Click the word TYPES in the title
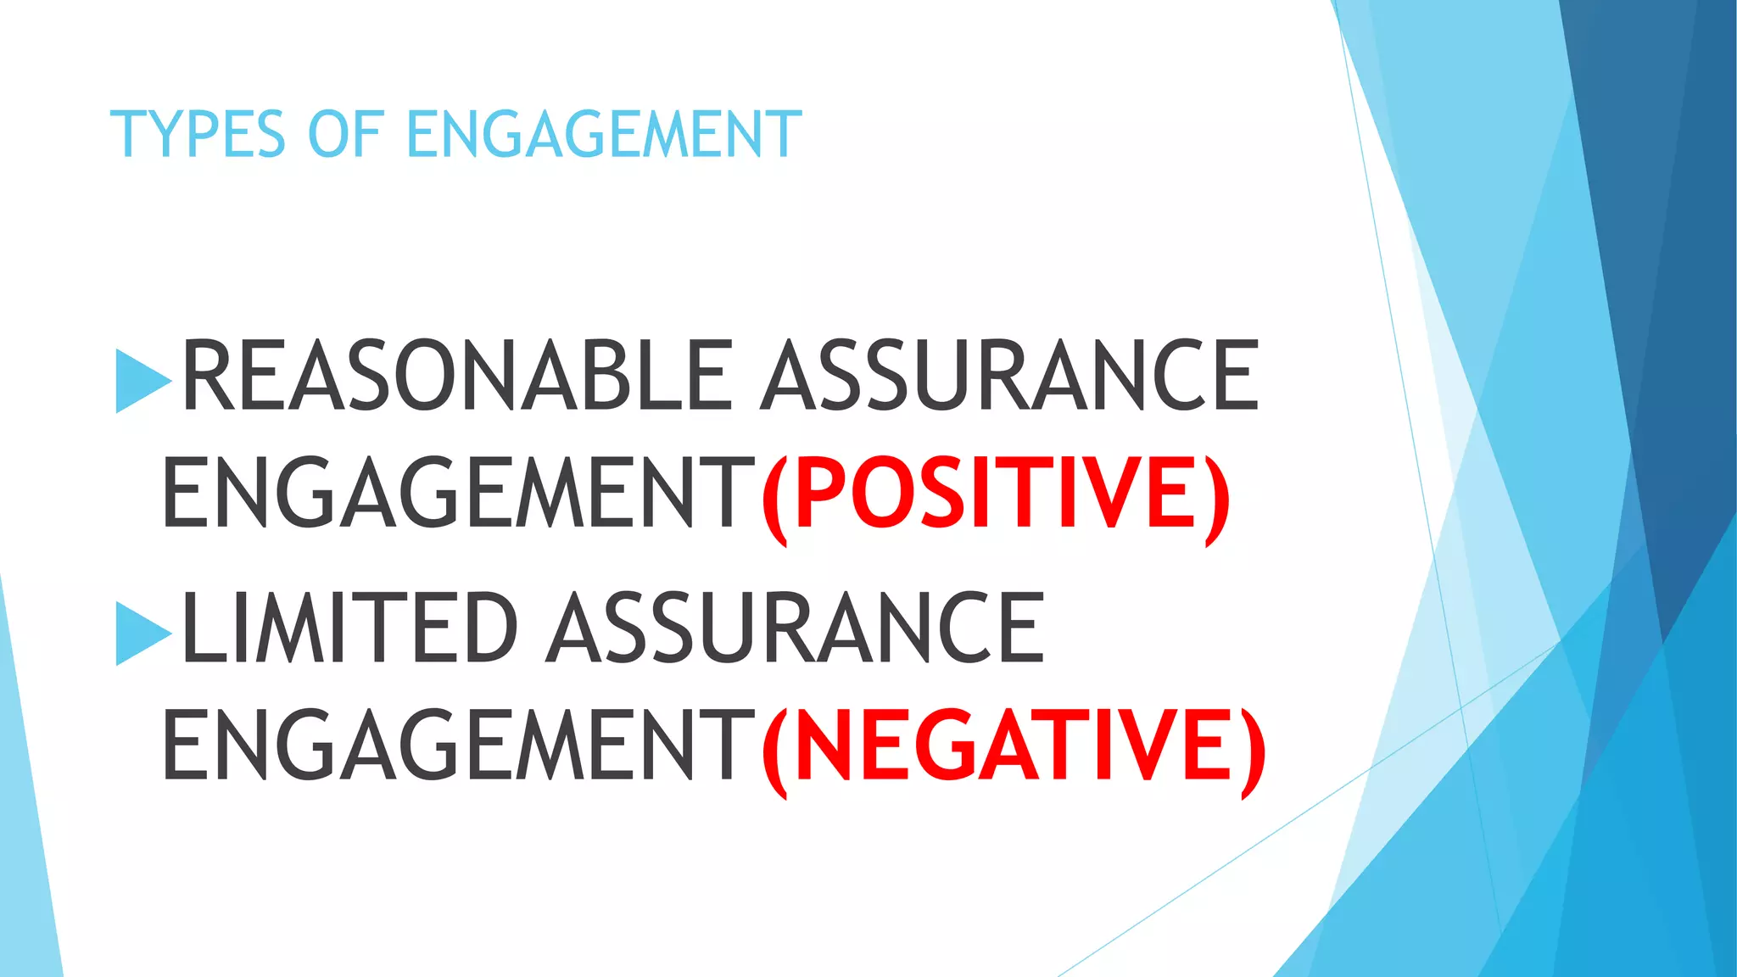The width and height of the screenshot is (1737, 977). pos(198,135)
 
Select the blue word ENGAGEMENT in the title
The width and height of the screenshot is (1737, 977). pos(604,135)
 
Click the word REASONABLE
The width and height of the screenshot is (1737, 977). pos(457,375)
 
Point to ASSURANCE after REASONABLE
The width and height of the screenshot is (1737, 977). pos(1009,375)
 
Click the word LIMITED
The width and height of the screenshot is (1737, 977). pos(349,628)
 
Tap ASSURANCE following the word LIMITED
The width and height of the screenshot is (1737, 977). pos(796,628)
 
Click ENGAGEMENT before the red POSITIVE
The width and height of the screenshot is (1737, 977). pos(458,493)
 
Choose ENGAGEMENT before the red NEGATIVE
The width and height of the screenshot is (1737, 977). pos(458,745)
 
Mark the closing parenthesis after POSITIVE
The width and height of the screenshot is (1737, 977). pos(1216,499)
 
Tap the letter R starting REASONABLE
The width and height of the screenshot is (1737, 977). pos(209,375)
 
